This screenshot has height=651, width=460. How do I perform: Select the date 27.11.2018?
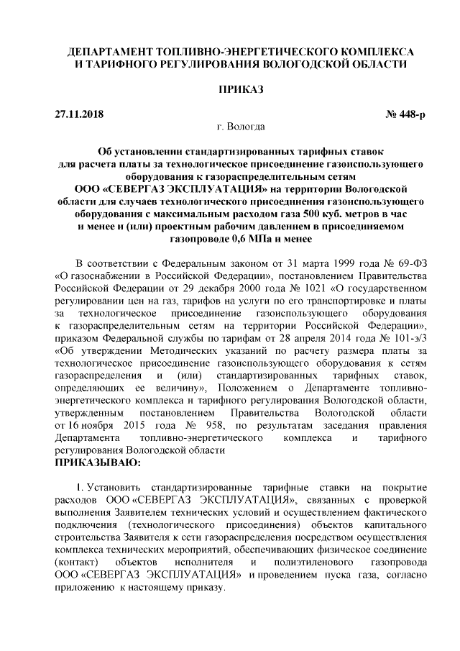(79, 114)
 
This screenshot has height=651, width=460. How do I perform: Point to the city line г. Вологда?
(230, 127)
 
